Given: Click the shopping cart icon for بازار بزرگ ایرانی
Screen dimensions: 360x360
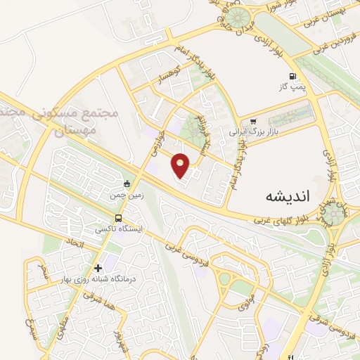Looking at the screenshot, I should [253, 120].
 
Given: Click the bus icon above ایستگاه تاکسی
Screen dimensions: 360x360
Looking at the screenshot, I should [118, 218].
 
